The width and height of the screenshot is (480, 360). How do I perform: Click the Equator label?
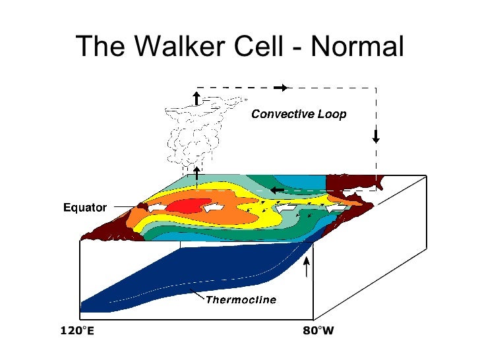pyautogui.click(x=84, y=208)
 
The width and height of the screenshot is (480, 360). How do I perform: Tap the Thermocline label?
pyautogui.click(x=241, y=300)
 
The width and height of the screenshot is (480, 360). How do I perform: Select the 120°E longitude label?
pyautogui.click(x=77, y=330)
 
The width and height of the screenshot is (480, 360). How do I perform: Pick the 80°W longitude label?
pyautogui.click(x=318, y=330)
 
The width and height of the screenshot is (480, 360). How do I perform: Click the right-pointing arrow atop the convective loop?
pyautogui.click(x=282, y=87)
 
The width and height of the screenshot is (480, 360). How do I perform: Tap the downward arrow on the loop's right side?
pyautogui.click(x=376, y=136)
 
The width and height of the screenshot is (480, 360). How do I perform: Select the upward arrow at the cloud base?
pyautogui.click(x=196, y=173)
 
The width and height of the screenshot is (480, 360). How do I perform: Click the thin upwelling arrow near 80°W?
pyautogui.click(x=306, y=267)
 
